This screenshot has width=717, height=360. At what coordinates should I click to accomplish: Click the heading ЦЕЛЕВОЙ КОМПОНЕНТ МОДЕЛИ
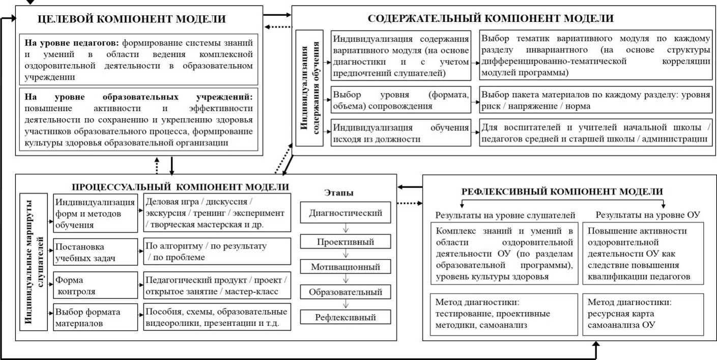coord(132,19)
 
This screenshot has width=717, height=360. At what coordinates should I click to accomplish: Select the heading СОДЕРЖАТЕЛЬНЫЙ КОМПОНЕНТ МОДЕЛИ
coord(491,19)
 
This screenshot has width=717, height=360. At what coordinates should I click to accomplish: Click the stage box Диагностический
coord(346,213)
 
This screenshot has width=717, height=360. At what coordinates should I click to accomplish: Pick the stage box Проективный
coord(346,240)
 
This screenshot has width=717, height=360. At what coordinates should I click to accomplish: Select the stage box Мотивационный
coord(346,266)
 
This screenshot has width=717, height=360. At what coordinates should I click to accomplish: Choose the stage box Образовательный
coord(346,293)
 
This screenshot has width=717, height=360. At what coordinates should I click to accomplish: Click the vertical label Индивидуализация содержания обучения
coord(310,88)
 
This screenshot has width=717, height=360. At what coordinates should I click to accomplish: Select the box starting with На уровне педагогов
coord(139,58)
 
